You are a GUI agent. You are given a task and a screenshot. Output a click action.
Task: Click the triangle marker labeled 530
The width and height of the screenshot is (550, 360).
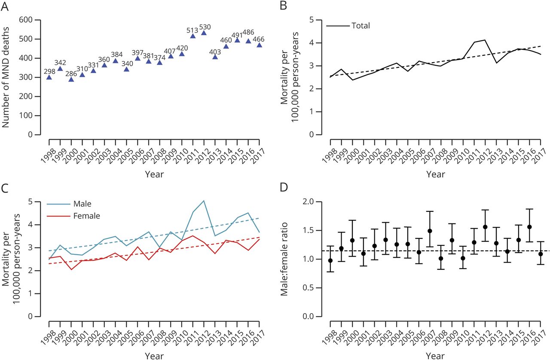click(204, 33)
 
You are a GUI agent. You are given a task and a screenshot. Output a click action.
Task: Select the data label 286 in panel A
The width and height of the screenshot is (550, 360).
click(71, 73)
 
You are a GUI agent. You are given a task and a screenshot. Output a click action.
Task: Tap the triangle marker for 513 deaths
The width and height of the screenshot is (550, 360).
click(193, 36)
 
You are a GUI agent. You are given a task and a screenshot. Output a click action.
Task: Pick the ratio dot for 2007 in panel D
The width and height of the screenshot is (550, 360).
click(430, 231)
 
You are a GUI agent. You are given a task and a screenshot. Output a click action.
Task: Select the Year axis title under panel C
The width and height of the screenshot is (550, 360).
click(154, 356)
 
